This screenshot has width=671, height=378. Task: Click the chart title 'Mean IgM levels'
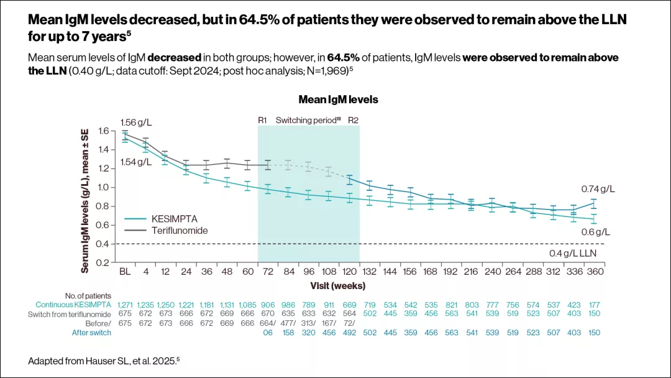(x=338, y=99)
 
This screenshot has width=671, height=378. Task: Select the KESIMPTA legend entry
(x=173, y=219)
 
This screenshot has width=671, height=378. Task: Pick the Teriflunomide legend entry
(x=180, y=230)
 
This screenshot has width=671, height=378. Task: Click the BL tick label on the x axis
(x=125, y=272)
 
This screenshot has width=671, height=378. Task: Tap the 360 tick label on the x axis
(x=596, y=272)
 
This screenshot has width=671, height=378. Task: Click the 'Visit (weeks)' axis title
(x=338, y=285)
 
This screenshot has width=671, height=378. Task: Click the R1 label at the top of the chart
(x=263, y=120)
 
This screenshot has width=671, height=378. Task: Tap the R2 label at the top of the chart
(x=353, y=120)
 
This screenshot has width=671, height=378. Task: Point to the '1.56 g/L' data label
(x=136, y=123)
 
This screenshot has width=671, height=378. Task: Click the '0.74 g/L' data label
(x=598, y=188)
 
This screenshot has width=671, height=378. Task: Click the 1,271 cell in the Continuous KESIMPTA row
(x=125, y=305)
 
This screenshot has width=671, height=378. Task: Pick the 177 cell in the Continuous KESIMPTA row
(x=596, y=305)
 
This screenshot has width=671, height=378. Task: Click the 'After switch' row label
(x=92, y=333)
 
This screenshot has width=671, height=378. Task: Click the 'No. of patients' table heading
(x=88, y=295)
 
